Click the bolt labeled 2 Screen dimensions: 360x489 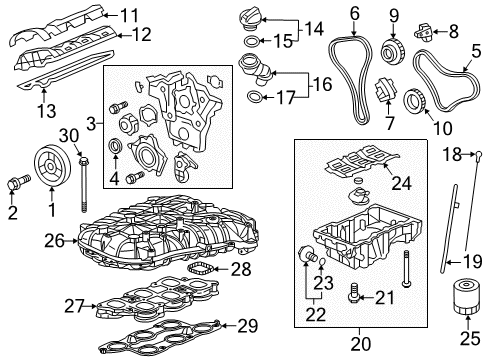click(15, 184)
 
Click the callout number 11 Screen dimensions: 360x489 click(131, 15)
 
